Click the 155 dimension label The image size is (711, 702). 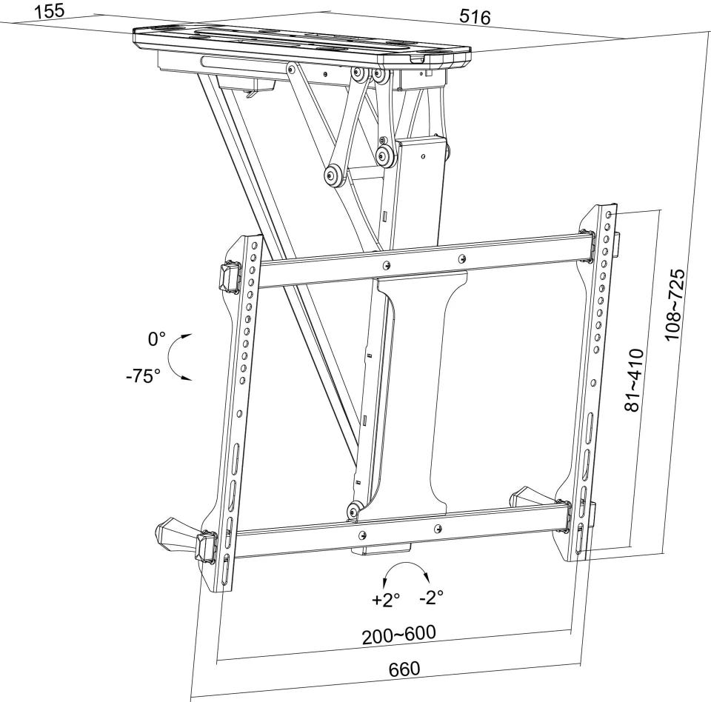[50, 11]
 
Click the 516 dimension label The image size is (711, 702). [475, 17]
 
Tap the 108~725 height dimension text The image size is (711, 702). [675, 305]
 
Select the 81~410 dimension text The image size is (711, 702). [635, 380]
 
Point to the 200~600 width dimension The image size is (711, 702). [398, 635]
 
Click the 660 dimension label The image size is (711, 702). [404, 669]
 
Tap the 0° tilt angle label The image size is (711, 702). [156, 338]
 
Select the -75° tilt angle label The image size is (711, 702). [143, 375]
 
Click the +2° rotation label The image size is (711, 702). [386, 600]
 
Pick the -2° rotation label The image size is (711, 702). [431, 598]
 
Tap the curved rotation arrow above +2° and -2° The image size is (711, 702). [407, 564]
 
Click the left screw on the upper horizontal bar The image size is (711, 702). [386, 264]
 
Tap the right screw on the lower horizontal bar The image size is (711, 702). [437, 528]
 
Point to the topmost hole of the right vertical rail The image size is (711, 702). [610, 213]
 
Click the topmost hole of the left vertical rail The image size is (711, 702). [255, 245]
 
